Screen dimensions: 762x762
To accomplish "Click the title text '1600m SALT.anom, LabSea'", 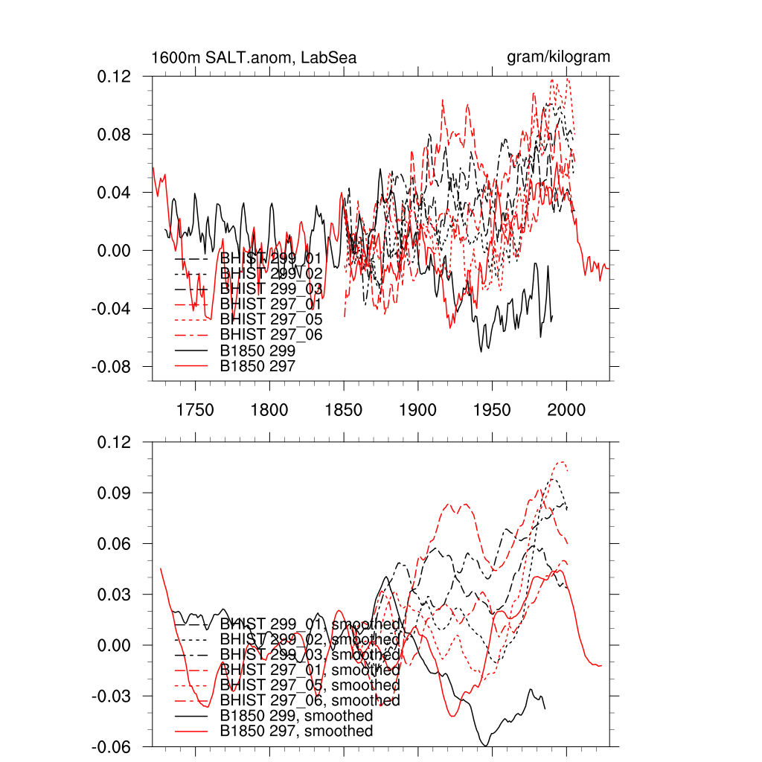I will tap(253, 57).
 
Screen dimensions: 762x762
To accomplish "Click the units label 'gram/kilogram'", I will tap(558, 57).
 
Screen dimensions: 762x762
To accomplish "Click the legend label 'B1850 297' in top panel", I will tap(258, 366).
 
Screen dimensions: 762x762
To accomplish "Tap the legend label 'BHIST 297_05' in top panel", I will tap(272, 319).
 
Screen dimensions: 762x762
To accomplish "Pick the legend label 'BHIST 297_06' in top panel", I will tap(272, 335).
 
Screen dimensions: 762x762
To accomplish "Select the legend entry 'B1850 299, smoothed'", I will tap(296, 716).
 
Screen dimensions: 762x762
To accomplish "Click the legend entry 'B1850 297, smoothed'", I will tap(296, 731).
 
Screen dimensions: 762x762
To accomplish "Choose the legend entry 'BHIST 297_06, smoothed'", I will tap(310, 700).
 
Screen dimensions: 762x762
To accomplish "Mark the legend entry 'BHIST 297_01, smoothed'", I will tap(310, 670).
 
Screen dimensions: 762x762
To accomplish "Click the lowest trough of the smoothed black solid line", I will tap(486, 745).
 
